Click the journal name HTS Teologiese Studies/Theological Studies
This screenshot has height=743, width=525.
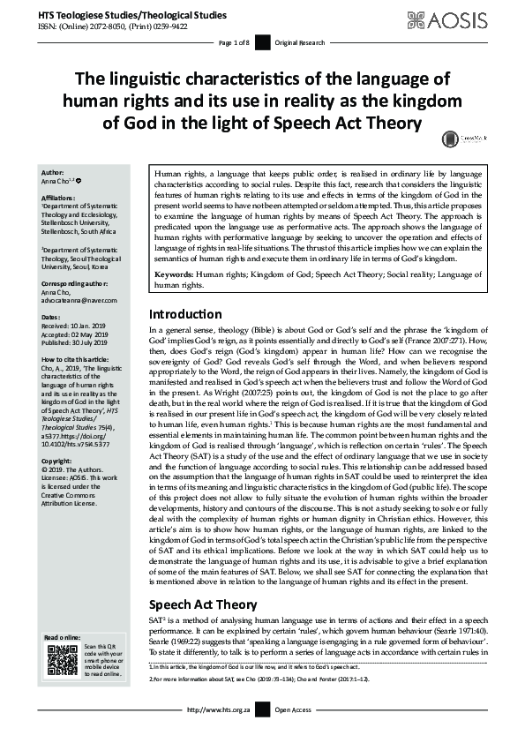coord(128,14)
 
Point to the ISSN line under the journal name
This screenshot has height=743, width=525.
coord(111,26)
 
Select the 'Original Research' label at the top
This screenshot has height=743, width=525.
coord(301,42)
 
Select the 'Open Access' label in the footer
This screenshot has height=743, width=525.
coord(293,733)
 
